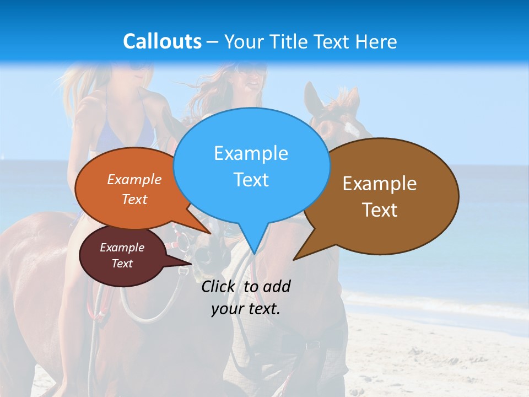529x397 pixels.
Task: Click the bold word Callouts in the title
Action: point(162,41)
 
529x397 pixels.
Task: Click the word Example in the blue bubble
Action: point(251,153)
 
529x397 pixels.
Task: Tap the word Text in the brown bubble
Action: point(379,210)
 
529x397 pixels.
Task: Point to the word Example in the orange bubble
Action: point(134,180)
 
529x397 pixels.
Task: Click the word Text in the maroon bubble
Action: point(122,264)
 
